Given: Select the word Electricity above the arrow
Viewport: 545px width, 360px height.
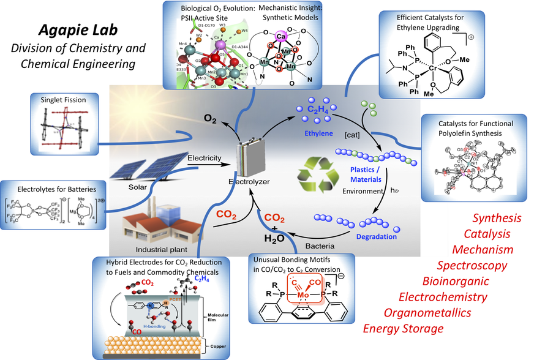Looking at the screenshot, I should (x=205, y=159).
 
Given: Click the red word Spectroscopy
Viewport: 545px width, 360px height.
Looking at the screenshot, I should (x=472, y=265).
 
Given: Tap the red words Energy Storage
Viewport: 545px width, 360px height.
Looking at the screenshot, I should (x=403, y=329).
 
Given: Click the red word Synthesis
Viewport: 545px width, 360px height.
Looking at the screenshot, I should (x=497, y=218).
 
